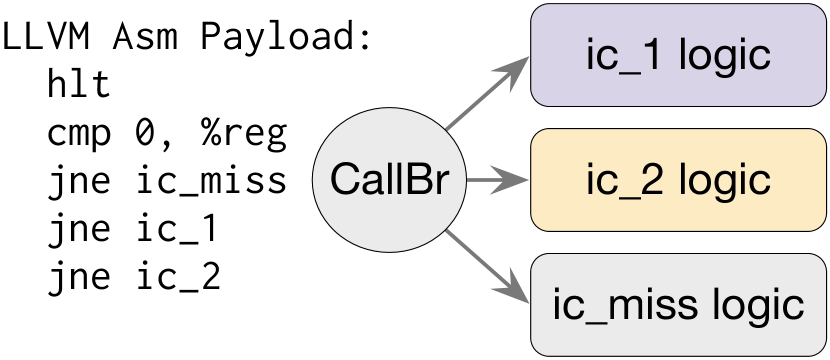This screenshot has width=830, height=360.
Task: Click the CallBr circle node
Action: [x=390, y=181]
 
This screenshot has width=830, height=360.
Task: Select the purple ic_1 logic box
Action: [x=678, y=55]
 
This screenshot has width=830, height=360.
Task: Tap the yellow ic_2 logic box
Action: [x=678, y=181]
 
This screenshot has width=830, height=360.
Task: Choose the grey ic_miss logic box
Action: [x=678, y=305]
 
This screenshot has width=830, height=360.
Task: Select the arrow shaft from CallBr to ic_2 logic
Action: [x=484, y=181]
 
